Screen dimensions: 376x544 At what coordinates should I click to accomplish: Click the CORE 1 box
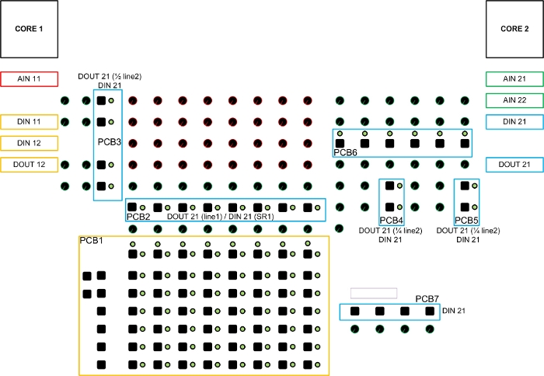(29, 29)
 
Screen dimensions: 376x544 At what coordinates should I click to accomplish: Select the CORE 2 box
(514, 29)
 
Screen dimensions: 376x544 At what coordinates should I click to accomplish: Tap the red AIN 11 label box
(29, 78)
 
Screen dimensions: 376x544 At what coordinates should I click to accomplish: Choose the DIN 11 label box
(29, 121)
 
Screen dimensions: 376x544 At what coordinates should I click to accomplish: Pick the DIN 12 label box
(29, 143)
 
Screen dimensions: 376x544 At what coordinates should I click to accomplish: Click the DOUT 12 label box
(29, 165)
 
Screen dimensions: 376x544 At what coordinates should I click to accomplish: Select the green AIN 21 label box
(514, 78)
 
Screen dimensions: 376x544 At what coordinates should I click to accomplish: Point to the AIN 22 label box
(514, 100)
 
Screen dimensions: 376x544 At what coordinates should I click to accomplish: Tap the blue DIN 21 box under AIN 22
(514, 121)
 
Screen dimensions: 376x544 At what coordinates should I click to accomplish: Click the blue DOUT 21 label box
(514, 165)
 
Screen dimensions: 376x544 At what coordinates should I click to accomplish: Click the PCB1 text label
(91, 242)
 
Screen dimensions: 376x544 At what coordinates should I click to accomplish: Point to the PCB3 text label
(109, 143)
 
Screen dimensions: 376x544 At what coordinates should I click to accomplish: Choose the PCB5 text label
(466, 221)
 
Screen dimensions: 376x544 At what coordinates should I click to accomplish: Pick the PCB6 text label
(345, 153)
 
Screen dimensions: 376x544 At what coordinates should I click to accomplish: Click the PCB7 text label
(427, 299)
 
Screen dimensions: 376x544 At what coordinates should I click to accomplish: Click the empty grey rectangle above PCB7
(374, 293)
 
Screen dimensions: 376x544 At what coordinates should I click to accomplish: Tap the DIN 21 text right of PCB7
(453, 312)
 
